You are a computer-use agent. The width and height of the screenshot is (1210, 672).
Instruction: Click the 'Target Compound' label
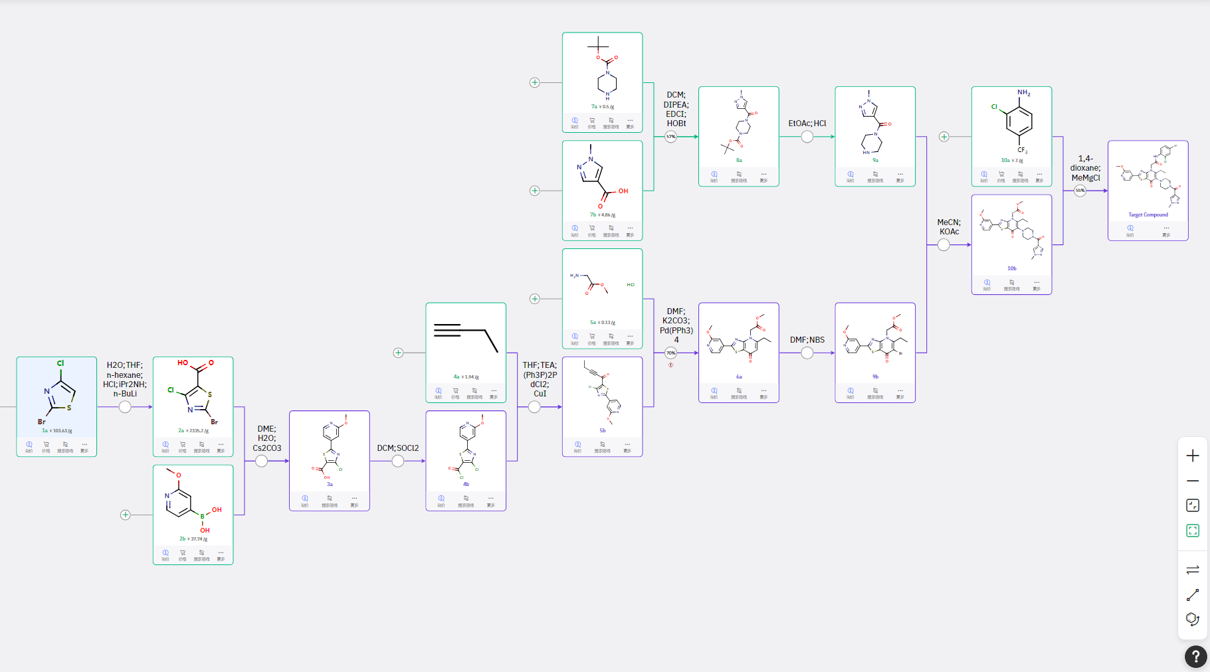click(1148, 214)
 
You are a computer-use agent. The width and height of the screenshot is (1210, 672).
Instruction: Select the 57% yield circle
click(671, 137)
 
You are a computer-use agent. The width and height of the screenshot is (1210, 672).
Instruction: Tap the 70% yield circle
click(671, 353)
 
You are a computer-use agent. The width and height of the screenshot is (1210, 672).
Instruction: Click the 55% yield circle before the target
click(1080, 191)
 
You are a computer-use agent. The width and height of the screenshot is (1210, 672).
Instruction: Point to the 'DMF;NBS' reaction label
click(807, 340)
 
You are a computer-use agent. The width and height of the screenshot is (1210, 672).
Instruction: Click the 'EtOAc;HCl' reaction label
click(807, 124)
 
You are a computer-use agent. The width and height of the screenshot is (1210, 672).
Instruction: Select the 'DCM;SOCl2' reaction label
click(398, 448)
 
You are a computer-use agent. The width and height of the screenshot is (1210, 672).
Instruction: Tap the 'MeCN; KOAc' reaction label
click(949, 227)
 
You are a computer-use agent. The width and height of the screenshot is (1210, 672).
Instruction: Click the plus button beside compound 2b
click(125, 515)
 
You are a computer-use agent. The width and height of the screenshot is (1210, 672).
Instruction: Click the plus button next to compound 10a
click(944, 137)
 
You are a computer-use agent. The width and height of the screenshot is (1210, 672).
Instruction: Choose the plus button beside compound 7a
click(534, 82)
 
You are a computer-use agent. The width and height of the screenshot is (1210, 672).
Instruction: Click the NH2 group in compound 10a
click(1023, 93)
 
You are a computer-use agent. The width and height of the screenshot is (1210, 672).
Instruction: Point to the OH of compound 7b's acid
click(623, 191)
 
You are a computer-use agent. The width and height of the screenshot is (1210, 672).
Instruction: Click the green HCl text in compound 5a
click(631, 285)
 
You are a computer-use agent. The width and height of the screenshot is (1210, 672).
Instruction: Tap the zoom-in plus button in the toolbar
click(1193, 456)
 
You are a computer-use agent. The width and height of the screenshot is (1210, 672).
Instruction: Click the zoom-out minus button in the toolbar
click(1193, 481)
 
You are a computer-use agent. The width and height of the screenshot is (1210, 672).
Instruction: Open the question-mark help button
click(1195, 657)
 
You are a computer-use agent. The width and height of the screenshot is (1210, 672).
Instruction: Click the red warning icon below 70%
click(671, 365)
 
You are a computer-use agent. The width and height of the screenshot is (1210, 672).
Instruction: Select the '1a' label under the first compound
click(45, 430)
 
